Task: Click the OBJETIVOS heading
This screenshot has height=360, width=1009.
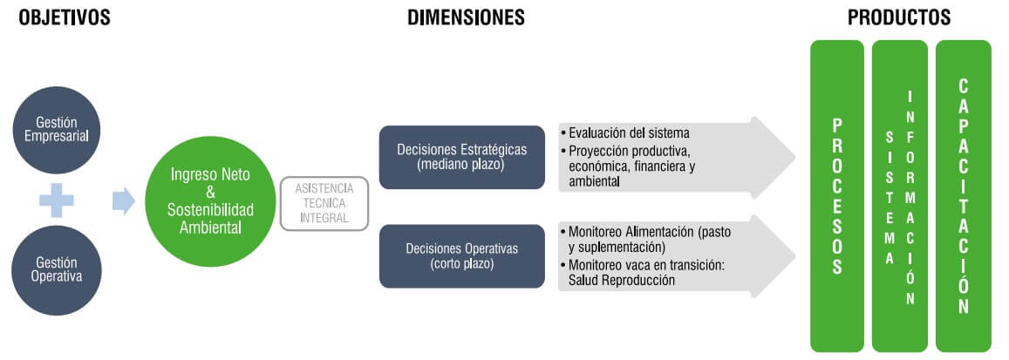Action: [65, 17]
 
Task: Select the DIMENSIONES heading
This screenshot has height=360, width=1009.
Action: [466, 17]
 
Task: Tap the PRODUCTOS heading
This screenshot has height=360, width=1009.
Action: [899, 17]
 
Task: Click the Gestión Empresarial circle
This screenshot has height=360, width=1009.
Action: [57, 130]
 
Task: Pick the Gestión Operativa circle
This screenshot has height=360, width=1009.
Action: [57, 270]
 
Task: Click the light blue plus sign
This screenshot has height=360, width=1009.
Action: [57, 200]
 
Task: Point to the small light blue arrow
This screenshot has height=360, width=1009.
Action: [124, 200]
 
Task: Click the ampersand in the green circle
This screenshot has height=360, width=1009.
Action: [210, 192]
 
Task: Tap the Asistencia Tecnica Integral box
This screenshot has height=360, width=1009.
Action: [324, 203]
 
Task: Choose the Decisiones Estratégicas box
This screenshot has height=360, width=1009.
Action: [462, 157]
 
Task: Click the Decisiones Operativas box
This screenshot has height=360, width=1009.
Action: [462, 256]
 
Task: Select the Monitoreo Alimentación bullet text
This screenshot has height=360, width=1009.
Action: [646, 239]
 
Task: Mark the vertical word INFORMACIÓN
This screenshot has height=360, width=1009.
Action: [910, 196]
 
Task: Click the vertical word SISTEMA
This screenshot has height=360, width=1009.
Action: [890, 197]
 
